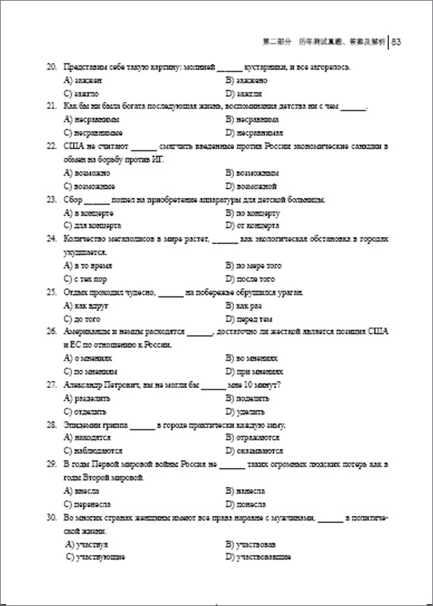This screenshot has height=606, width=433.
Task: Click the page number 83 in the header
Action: coord(397,42)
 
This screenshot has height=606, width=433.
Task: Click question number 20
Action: coord(52,67)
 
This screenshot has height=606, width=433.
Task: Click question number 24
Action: coord(52,239)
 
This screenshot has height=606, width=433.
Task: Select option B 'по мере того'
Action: coord(254,265)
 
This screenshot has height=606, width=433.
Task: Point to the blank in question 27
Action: coord(213,386)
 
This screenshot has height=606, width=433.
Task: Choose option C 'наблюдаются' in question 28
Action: coord(93,451)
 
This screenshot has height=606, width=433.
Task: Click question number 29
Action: coord(52,464)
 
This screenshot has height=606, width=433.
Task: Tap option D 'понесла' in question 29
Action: coord(246,504)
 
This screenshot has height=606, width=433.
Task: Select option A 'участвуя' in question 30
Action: coord(86,544)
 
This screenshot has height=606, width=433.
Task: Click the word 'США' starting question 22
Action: coord(73,146)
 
